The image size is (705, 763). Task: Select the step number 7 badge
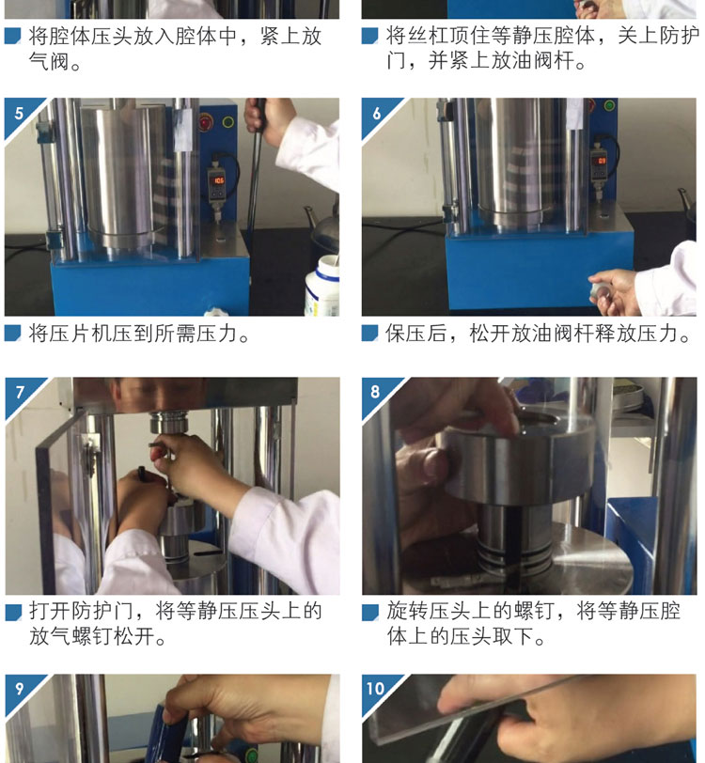pyautogui.click(x=20, y=392)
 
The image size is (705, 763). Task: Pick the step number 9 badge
pyautogui.click(x=19, y=689)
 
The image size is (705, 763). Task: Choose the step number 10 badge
pyautogui.click(x=375, y=689)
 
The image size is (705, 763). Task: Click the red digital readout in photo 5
pyautogui.click(x=219, y=180)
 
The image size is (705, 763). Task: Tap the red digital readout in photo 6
pyautogui.click(x=602, y=161)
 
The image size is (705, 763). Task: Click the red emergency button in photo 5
pyautogui.click(x=206, y=121)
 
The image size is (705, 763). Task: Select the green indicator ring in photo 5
pyautogui.click(x=227, y=121)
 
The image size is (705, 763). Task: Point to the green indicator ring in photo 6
pyautogui.click(x=609, y=105)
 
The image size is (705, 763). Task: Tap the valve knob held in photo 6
pyautogui.click(x=599, y=290)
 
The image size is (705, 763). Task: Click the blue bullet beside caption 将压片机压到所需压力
pyautogui.click(x=12, y=333)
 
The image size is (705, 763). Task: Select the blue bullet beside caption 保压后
pyautogui.click(x=370, y=333)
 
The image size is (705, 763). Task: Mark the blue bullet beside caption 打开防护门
pyautogui.click(x=13, y=612)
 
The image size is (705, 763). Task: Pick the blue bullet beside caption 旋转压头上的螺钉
pyautogui.click(x=370, y=612)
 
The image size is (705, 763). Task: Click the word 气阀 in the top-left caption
pyautogui.click(x=49, y=61)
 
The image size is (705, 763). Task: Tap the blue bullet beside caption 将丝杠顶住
pyautogui.click(x=370, y=36)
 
